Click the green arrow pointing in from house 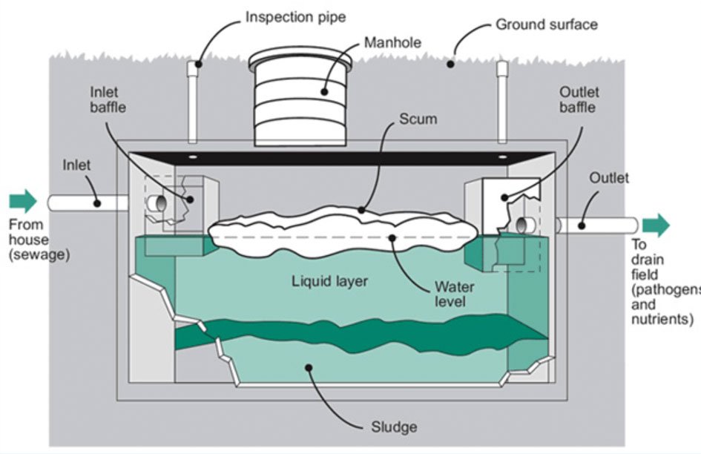22,201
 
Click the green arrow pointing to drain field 656,225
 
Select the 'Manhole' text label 394,42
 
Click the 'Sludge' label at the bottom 395,427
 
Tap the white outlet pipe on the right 597,225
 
